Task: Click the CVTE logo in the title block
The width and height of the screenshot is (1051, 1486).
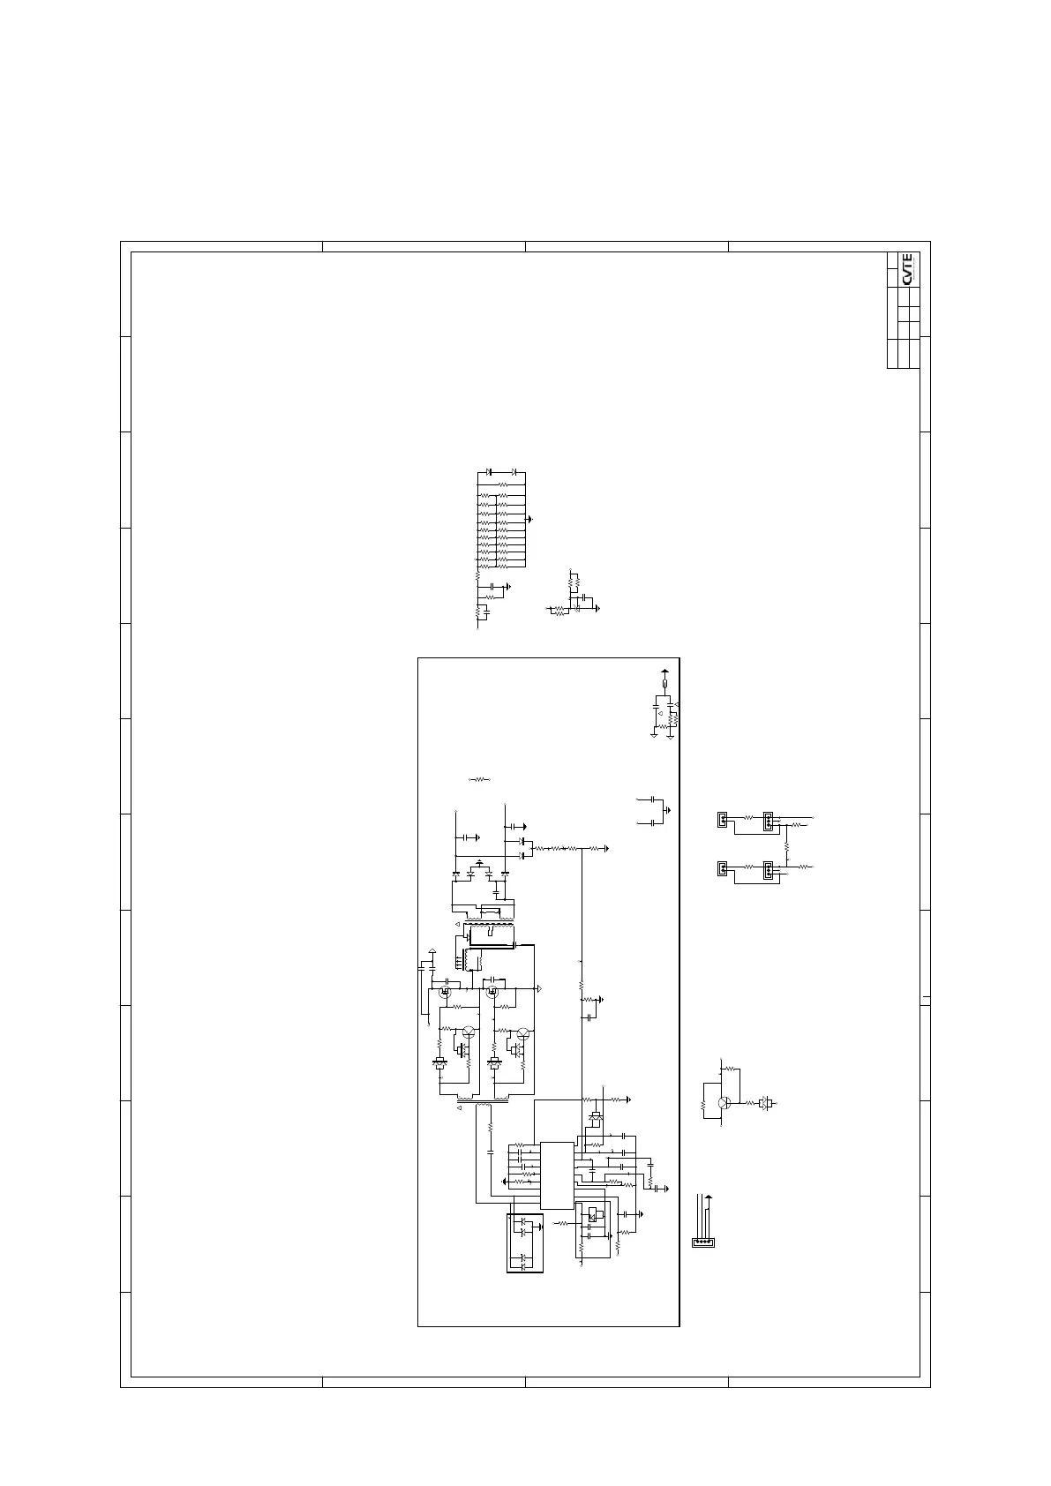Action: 908,269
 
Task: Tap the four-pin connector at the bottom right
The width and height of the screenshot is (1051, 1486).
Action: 703,1242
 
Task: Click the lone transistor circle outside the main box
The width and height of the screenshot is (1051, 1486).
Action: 724,1103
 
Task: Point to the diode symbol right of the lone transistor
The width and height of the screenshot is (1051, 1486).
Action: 766,1103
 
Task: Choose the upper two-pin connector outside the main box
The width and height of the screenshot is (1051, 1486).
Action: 722,820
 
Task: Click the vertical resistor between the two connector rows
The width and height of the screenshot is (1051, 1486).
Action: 785,845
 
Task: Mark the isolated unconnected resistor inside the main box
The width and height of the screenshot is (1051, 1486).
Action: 479,779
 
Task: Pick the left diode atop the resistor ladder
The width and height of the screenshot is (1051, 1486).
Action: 491,473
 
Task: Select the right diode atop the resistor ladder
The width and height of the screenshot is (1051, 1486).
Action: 513,473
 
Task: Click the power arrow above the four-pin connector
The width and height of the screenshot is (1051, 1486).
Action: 709,1197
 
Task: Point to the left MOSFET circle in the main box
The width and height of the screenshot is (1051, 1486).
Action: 444,992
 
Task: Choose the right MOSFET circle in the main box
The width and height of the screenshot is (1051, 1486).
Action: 492,992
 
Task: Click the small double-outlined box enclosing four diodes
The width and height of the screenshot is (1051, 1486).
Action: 526,1242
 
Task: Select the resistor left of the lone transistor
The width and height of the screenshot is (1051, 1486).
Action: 703,1104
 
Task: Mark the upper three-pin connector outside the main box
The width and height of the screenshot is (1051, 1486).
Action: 768,820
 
